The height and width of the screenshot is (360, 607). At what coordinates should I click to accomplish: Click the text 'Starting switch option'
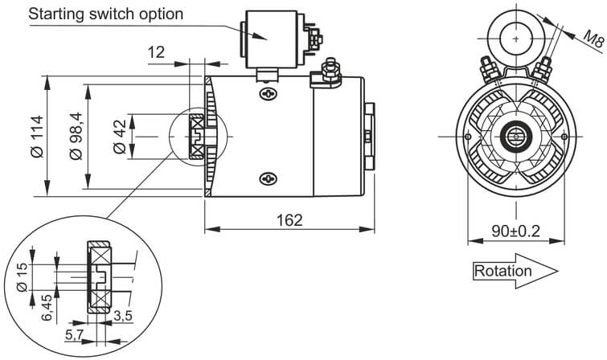click(106, 14)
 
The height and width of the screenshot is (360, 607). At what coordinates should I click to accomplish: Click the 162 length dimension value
click(290, 219)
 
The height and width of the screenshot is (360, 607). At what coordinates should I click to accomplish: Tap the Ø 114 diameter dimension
click(36, 137)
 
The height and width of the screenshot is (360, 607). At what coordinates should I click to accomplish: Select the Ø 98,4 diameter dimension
click(77, 137)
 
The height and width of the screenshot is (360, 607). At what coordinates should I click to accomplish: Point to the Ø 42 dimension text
click(120, 137)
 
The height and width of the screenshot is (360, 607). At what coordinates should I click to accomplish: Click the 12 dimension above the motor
click(156, 52)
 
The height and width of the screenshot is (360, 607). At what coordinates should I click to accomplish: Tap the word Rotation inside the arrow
click(503, 271)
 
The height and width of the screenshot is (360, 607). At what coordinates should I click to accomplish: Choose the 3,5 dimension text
click(123, 315)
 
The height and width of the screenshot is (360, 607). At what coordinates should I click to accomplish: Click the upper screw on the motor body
click(266, 93)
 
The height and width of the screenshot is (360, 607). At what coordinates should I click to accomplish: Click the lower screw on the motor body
click(266, 178)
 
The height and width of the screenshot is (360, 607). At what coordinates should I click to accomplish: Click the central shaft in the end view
click(514, 137)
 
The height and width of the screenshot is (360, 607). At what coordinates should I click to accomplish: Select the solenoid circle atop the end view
click(514, 36)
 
